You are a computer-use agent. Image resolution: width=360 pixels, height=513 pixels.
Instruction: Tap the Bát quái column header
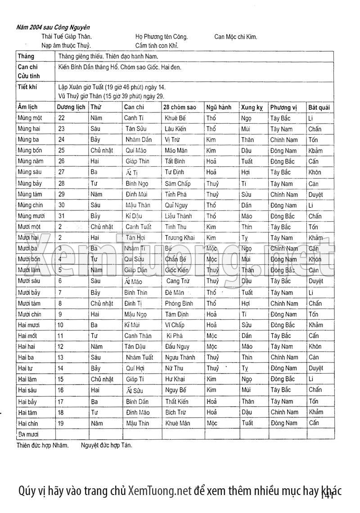pos(319,107)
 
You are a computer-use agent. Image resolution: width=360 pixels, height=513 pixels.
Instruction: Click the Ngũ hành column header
pos(219,107)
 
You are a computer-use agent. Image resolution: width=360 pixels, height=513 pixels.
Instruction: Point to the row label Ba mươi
pos(29,434)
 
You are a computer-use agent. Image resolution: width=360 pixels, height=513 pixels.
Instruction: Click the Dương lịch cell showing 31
pos(62,216)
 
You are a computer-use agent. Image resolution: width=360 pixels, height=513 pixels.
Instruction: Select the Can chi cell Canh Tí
pos(134,118)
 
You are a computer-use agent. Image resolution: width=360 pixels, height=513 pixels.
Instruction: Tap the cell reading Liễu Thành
pos(178,216)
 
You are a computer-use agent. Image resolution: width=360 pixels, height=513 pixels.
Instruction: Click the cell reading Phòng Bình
pos(179,303)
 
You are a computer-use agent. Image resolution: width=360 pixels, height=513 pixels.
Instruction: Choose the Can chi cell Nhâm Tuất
pos(139,357)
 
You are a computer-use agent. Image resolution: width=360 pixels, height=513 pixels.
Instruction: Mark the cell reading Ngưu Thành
pos(180,357)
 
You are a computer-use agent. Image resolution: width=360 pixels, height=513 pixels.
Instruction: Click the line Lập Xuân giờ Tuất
pos(112,86)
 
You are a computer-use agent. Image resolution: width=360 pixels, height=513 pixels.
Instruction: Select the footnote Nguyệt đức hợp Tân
pos(107,445)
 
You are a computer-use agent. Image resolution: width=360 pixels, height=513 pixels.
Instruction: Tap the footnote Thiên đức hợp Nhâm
pos(43,445)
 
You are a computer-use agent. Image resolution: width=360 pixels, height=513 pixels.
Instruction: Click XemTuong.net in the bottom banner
pos(160,490)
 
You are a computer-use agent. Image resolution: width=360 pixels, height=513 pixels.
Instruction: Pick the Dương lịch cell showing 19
pos(61,423)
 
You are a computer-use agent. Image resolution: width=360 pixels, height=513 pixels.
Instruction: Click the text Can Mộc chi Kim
pos(236,37)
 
